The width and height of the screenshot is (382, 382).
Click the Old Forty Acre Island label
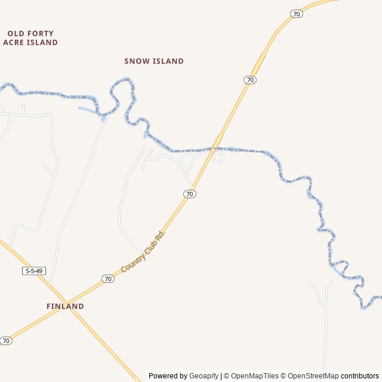coord(30,38)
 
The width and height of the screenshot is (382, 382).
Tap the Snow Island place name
coord(154,61)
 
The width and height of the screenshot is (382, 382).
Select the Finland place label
coord(65,306)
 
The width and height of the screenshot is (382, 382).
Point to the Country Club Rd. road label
coord(143,252)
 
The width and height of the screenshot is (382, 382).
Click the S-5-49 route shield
coord(34,271)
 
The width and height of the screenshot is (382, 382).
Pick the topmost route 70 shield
coord(297,14)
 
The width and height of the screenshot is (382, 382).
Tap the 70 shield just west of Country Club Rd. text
coord(107,279)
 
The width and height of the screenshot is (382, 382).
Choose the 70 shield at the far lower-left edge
coord(6,341)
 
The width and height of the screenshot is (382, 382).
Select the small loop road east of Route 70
coord(218,158)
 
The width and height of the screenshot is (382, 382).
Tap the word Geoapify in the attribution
coord(204,376)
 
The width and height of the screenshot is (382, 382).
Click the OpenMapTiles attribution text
coord(254,376)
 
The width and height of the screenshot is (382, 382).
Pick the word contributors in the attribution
coord(360,376)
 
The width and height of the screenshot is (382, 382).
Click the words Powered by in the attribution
coord(168,376)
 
